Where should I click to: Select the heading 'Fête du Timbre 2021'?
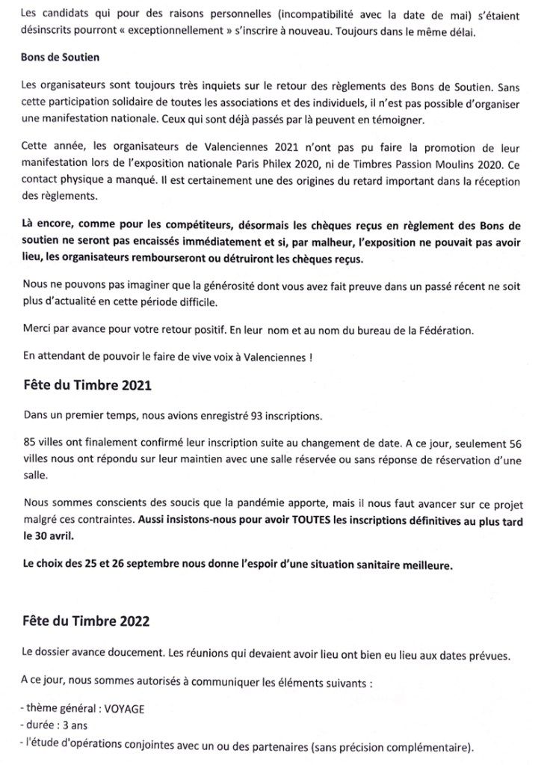pyautogui.click(x=87, y=386)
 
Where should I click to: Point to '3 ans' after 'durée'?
pyautogui.click(x=72, y=725)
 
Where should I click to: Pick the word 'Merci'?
pyautogui.click(x=37, y=329)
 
